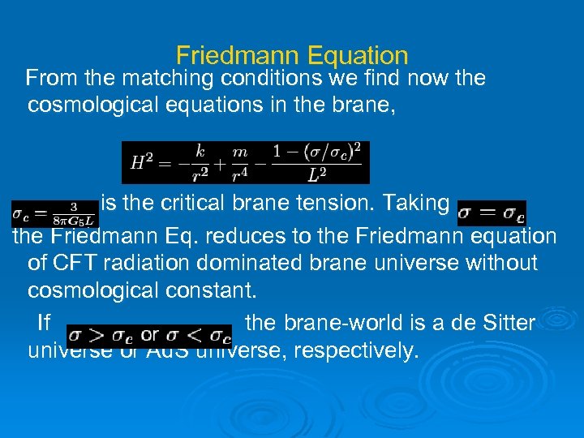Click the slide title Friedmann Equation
292,56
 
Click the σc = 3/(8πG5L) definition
54,213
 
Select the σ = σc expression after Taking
492,213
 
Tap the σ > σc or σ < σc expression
149,333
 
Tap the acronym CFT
75,263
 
